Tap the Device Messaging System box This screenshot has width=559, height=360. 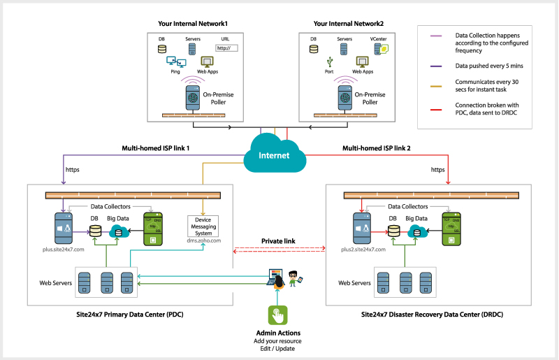[203, 226]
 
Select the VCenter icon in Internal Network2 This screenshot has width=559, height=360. [382, 48]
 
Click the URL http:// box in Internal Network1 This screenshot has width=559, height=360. [226, 48]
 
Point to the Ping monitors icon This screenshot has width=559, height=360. [175, 62]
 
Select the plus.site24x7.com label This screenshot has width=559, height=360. [64, 248]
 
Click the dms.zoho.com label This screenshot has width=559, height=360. [203, 240]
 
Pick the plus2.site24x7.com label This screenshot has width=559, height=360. [362, 248]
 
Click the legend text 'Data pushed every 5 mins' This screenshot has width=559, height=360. [488, 65]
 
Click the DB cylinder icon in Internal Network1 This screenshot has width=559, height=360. [162, 49]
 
